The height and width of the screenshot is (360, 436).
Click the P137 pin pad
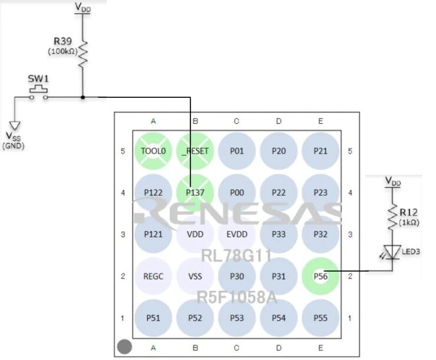(195, 192)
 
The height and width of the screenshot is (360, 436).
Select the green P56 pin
(321, 276)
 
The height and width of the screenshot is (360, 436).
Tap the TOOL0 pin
(153, 151)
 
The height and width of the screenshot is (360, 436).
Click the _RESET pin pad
(195, 151)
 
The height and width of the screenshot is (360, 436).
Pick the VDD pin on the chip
(195, 234)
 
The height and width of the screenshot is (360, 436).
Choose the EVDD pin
(236, 234)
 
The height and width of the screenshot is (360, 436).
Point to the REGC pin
(153, 276)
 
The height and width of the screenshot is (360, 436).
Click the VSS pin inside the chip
(195, 276)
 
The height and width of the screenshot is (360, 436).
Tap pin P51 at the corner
(153, 318)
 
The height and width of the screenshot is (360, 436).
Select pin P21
(321, 151)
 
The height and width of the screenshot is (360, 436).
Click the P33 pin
(279, 234)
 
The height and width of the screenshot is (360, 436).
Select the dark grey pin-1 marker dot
(124, 347)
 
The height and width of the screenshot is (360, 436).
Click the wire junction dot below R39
(83, 97)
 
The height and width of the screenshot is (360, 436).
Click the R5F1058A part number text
(236, 297)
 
